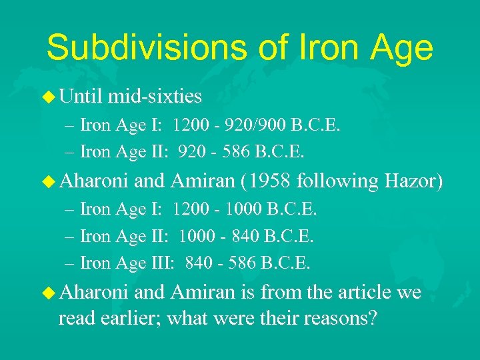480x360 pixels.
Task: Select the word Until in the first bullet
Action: point(81,97)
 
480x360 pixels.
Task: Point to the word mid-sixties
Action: point(155,97)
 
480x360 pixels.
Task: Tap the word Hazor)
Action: point(413,181)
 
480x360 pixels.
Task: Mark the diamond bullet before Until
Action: point(49,97)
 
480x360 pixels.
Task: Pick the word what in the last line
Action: point(187,319)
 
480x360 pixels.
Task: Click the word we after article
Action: point(408,292)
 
